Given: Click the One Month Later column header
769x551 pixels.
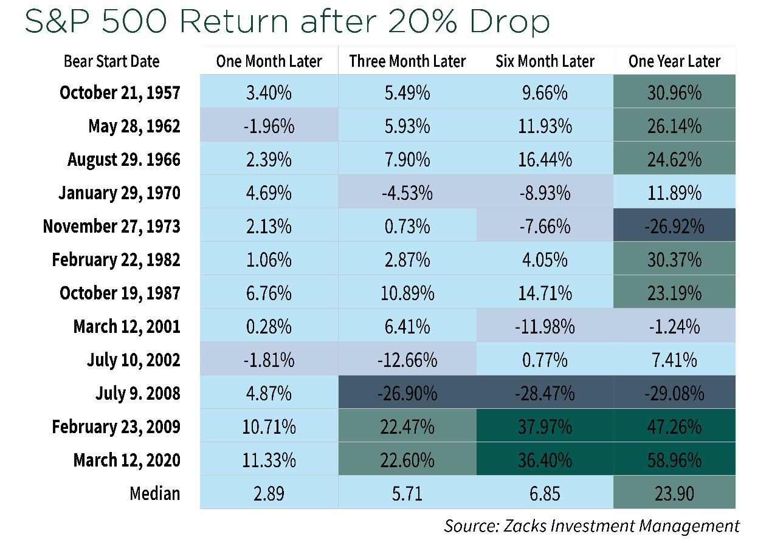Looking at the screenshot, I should (269, 61).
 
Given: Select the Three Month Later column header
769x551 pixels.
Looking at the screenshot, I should (407, 61).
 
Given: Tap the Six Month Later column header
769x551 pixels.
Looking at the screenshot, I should (545, 61).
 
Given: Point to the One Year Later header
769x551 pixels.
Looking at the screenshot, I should (674, 61).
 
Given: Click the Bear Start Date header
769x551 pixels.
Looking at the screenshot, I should (111, 61).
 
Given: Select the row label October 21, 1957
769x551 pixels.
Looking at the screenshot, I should (120, 93).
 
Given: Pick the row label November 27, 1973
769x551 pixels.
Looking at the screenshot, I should (111, 227).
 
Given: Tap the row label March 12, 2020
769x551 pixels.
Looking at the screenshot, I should (126, 460).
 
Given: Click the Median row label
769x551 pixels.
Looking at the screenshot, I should (155, 493).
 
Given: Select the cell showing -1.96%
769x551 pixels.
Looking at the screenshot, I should (269, 126).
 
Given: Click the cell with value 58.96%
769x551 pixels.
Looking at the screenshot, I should (674, 460).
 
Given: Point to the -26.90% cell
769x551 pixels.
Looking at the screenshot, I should (407, 393).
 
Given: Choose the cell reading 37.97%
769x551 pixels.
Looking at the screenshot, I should (545, 426).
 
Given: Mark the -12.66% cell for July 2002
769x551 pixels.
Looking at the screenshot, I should (407, 360).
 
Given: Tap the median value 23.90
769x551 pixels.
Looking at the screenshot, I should (674, 493).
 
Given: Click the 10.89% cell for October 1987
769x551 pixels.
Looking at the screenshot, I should (407, 293).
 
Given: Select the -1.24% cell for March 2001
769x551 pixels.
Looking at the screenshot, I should (674, 327).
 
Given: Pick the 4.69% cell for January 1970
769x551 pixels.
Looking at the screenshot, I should (269, 193).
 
